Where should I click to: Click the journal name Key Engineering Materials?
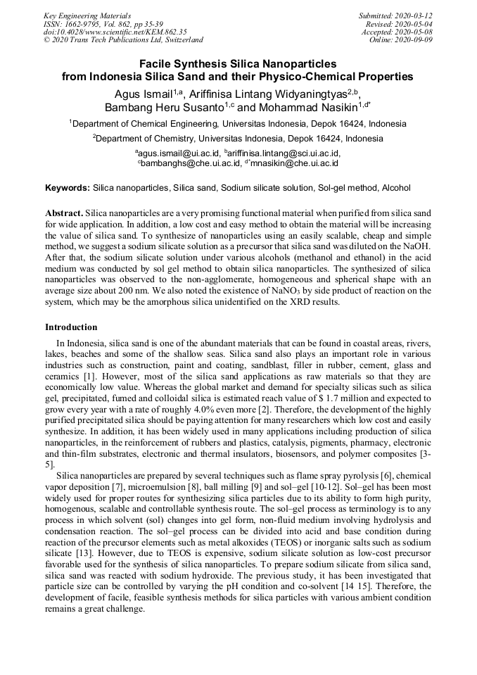point(87,15)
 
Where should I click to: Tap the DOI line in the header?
point(115,32)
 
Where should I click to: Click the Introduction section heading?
point(71,327)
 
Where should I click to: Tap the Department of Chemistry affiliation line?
point(238,139)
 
